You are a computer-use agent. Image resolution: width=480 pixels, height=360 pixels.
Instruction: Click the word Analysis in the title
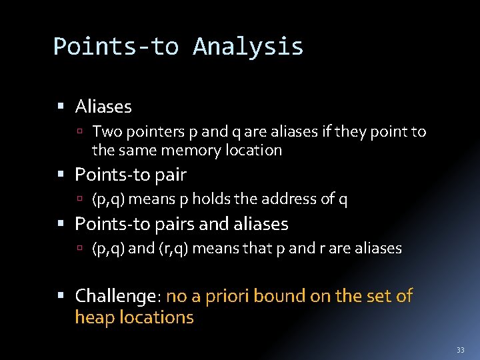[248, 47]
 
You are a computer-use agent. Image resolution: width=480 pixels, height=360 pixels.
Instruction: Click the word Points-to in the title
[116, 47]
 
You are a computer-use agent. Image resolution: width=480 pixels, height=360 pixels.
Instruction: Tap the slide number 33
[460, 350]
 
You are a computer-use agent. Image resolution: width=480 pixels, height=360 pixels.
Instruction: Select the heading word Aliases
[103, 107]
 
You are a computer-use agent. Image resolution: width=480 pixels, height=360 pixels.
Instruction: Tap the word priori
[231, 296]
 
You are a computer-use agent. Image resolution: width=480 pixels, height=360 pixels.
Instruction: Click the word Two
[105, 132]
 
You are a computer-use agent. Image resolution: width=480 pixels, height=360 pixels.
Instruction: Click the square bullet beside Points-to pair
[61, 175]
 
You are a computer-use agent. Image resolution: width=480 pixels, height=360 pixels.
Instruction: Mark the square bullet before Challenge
[61, 296]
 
